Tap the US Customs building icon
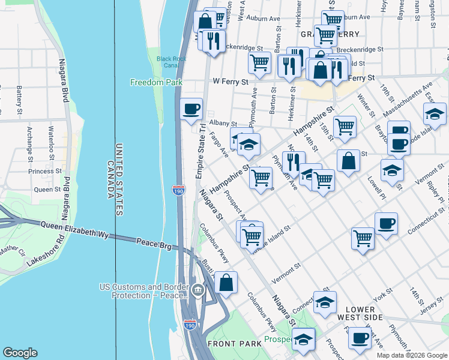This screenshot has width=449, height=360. click(x=198, y=291)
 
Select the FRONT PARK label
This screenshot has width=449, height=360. click(x=226, y=343)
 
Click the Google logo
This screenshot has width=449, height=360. click(x=20, y=353)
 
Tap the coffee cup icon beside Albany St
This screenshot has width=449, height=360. click(x=191, y=109)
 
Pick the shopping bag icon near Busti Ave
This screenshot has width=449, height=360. click(x=226, y=283)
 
